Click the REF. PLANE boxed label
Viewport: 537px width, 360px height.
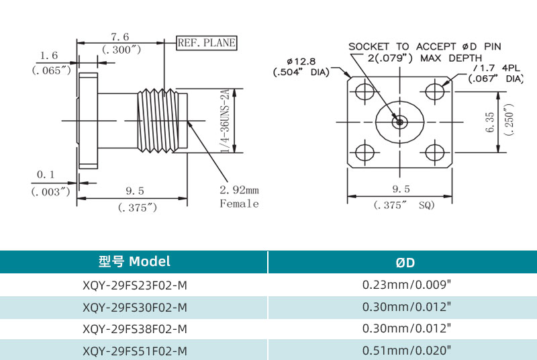pyautogui.click(x=207, y=43)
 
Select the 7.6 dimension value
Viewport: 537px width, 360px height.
pyautogui.click(x=120, y=37)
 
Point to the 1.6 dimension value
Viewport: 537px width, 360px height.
pyautogui.click(x=49, y=56)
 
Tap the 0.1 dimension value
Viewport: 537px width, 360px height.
pyautogui.click(x=46, y=175)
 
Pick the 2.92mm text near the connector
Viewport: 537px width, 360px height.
pyautogui.click(x=238, y=190)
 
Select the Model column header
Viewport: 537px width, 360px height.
pyautogui.click(x=134, y=261)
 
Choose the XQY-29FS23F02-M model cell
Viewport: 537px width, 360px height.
pyautogui.click(x=134, y=285)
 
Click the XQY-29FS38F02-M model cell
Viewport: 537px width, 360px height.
pyautogui.click(x=134, y=328)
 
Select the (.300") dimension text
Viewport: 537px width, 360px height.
pyautogui.click(x=121, y=50)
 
